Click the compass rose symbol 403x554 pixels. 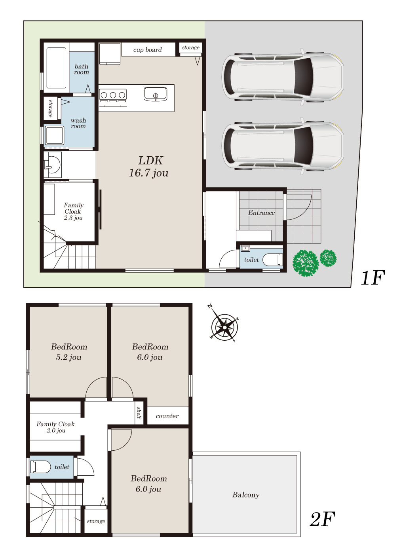click(x=224, y=327)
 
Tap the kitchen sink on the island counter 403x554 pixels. click(x=155, y=94)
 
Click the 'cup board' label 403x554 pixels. click(x=147, y=50)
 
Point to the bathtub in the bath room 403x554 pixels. click(x=56, y=68)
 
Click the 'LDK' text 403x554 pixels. click(x=150, y=161)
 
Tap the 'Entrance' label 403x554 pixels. click(x=262, y=212)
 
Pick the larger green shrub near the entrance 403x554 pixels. click(x=305, y=263)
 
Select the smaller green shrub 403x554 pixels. click(x=328, y=258)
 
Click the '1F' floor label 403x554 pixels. click(x=373, y=278)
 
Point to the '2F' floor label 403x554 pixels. click(x=322, y=519)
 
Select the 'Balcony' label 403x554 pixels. click(x=246, y=495)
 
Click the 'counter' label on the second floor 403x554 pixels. click(x=167, y=416)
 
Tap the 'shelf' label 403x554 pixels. click(x=139, y=413)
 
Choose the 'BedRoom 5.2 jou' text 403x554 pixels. click(x=69, y=352)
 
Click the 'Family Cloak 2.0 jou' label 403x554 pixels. click(x=56, y=427)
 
